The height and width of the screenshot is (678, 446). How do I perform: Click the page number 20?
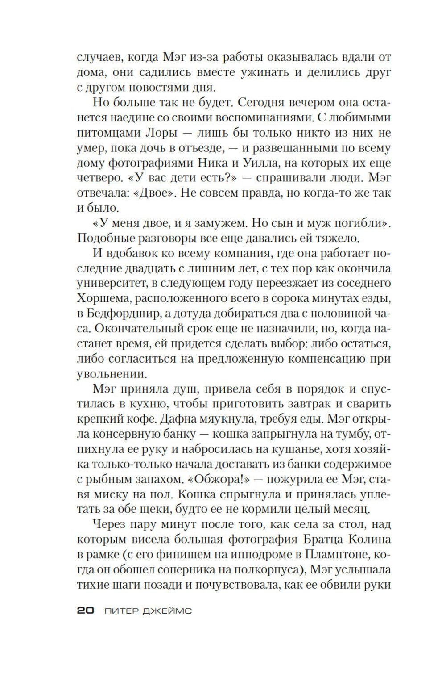click(x=85, y=611)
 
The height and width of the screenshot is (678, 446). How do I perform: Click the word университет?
click(x=108, y=283)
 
